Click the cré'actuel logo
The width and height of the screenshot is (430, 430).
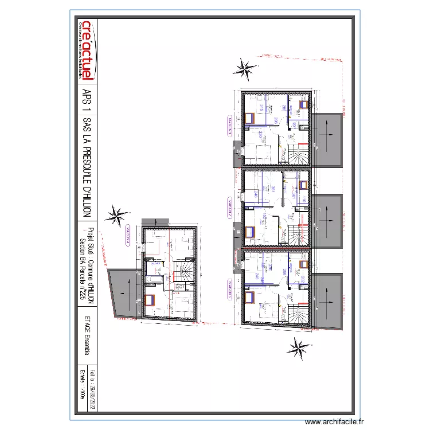(x=87, y=49)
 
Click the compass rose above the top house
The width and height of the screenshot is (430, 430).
(x=245, y=69)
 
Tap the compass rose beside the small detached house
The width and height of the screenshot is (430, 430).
(x=119, y=216)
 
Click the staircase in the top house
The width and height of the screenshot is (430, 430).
(x=298, y=154)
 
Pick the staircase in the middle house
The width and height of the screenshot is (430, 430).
(x=298, y=234)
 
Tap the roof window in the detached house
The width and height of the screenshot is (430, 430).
(x=151, y=299)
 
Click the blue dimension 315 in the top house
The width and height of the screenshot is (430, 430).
(x=261, y=108)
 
